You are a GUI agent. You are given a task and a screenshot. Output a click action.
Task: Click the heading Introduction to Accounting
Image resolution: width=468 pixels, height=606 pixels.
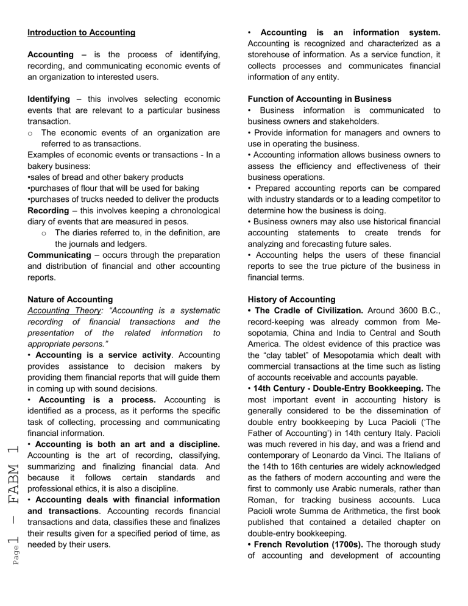(x=82, y=32)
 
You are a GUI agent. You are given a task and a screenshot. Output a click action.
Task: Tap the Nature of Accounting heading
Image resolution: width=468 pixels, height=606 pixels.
(x=70, y=299)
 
